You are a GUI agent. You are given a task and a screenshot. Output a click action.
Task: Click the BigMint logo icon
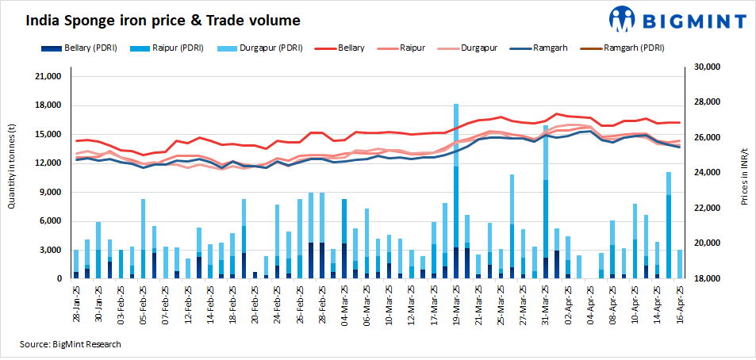621,20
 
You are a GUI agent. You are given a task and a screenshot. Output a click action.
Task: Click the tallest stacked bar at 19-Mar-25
456,190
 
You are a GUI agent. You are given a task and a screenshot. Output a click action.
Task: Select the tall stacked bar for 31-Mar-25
546,202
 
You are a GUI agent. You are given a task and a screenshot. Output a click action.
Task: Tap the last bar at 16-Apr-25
679,264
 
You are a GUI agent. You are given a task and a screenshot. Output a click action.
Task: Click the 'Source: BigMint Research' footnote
70,344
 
